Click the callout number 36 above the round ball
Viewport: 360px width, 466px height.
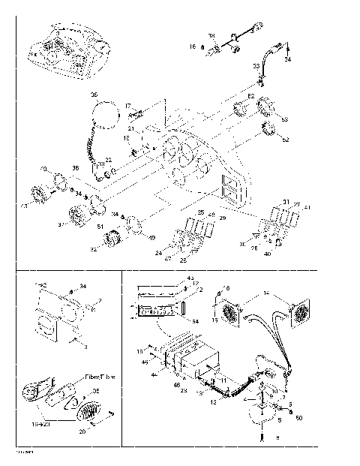[x=94, y=95]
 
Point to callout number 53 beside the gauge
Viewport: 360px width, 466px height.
[x=284, y=119]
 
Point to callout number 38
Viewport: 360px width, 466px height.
[x=75, y=167]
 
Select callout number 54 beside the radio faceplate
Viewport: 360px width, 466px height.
[x=196, y=320]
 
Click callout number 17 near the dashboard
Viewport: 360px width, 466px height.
[x=127, y=107]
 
